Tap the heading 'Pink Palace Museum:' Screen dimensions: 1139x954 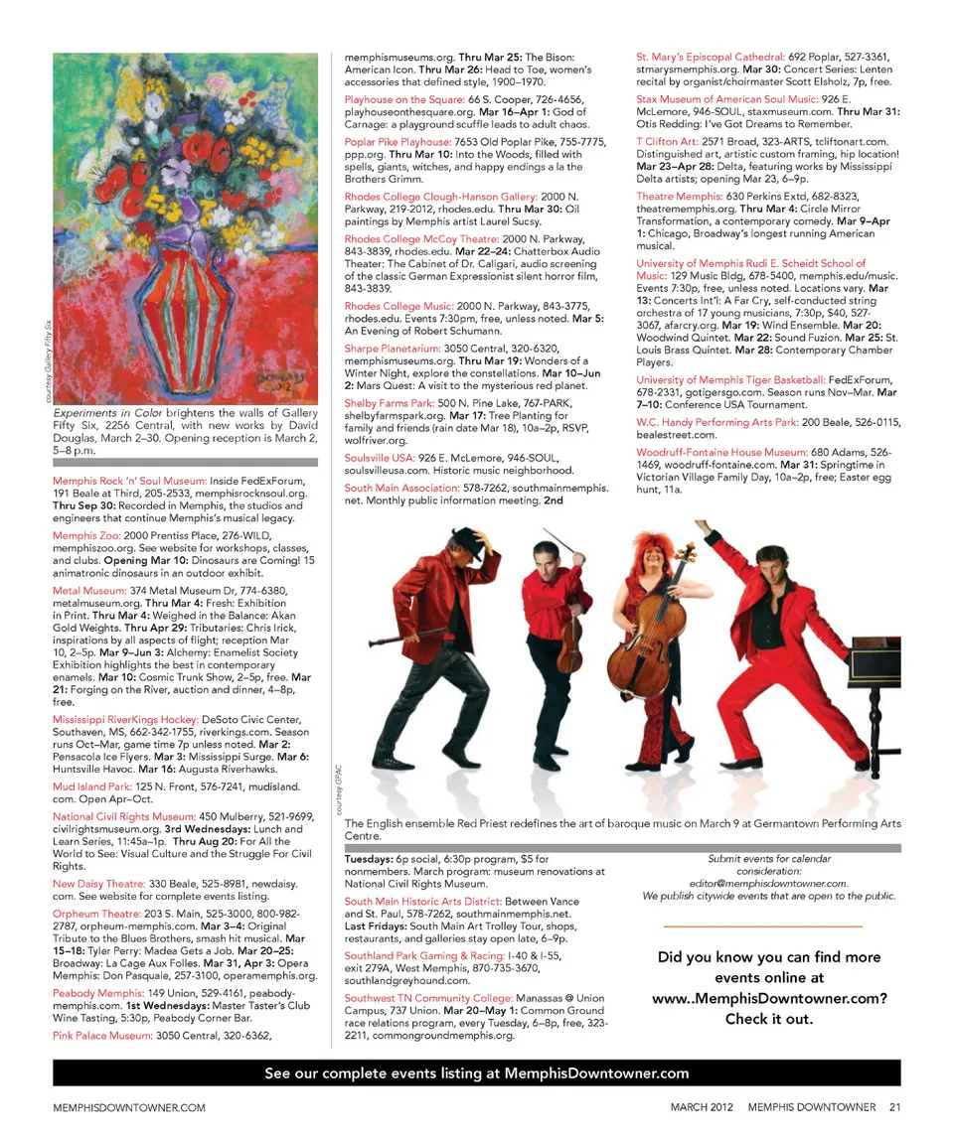pyautogui.click(x=102, y=1035)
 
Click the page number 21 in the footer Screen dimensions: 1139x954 pyautogui.click(x=894, y=1107)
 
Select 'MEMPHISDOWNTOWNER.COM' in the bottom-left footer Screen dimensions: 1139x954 pyautogui.click(x=129, y=1107)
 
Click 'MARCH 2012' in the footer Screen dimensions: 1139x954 pyautogui.click(x=703, y=1107)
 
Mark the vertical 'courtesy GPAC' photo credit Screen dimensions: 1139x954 pyautogui.click(x=339, y=785)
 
